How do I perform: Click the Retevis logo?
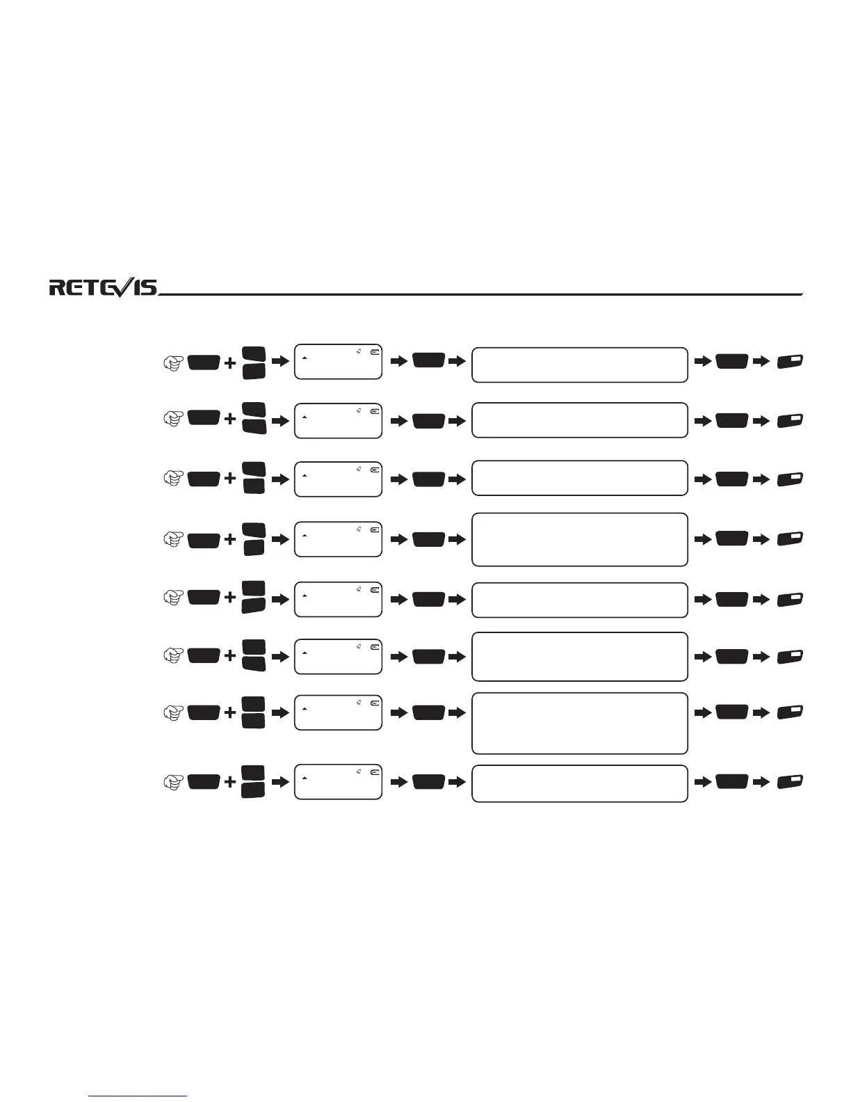click(x=103, y=287)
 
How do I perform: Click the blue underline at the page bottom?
click(x=138, y=1096)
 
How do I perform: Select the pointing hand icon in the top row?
click(x=173, y=362)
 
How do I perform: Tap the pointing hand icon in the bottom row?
click(x=173, y=782)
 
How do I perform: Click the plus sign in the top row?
click(x=230, y=362)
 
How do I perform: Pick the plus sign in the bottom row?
click(x=230, y=782)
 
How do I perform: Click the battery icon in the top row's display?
click(x=375, y=352)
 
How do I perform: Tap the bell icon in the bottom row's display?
click(x=359, y=772)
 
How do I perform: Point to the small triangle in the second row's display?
click(x=304, y=416)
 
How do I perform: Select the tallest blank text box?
click(x=579, y=723)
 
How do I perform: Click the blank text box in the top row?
click(x=579, y=365)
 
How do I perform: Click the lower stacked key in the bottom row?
click(x=254, y=790)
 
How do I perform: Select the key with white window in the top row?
click(x=791, y=362)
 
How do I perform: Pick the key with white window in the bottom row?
click(x=791, y=782)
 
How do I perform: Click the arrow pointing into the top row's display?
click(x=279, y=362)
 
